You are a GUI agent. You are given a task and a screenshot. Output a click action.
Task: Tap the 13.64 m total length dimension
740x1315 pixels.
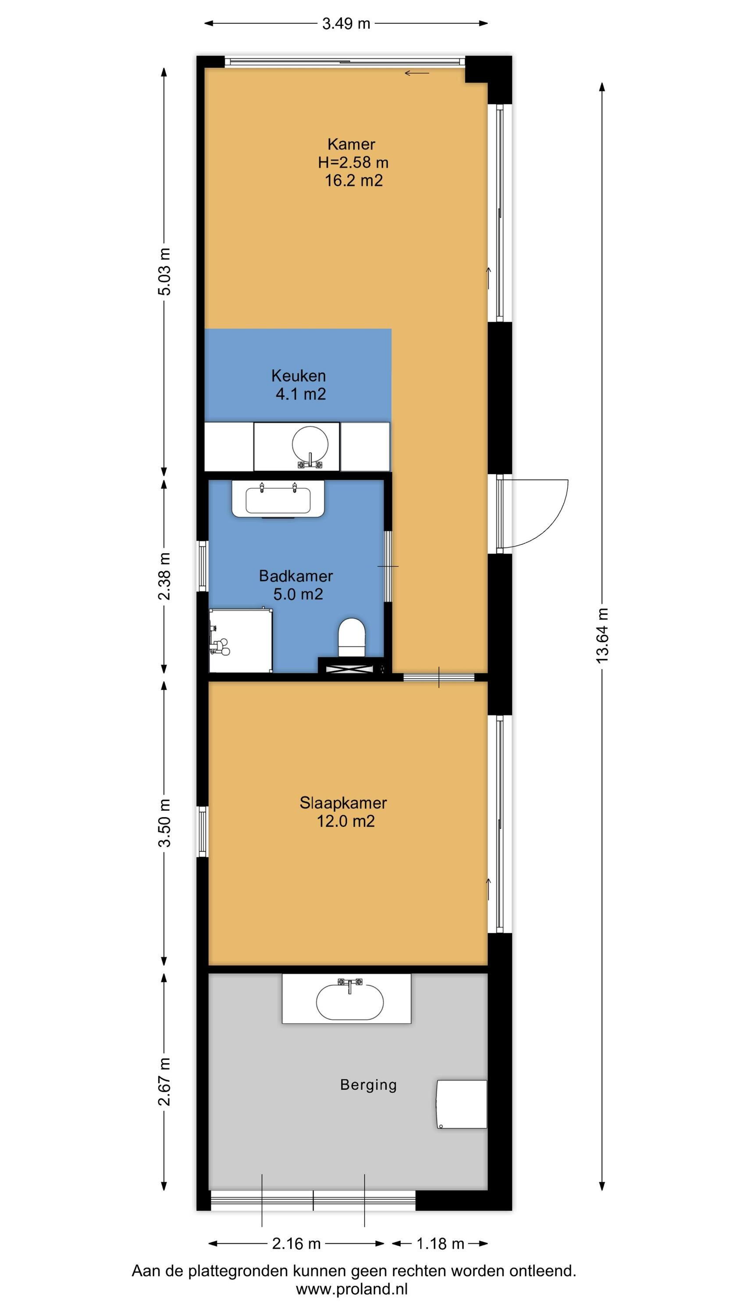coord(603,636)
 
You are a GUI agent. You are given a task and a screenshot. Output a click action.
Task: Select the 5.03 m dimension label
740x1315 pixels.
coord(164,272)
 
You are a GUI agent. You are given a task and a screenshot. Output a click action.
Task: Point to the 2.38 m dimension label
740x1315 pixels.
coord(164,576)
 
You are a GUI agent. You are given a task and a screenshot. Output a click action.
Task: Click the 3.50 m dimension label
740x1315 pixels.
coord(164,823)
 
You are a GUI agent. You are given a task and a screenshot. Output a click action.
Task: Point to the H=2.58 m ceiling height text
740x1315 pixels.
coord(353,162)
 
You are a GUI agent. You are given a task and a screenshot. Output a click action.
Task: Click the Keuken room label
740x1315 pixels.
coord(298,376)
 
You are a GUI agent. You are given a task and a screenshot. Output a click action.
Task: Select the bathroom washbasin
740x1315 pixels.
coord(278,499)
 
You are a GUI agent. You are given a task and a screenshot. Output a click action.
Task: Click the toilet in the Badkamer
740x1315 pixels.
coord(352,638)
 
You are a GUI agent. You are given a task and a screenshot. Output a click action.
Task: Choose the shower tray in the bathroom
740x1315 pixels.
coord(241,640)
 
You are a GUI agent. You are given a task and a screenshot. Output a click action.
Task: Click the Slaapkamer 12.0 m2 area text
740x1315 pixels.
coord(346,821)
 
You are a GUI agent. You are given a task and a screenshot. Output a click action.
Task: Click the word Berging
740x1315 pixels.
coord(368,1085)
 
